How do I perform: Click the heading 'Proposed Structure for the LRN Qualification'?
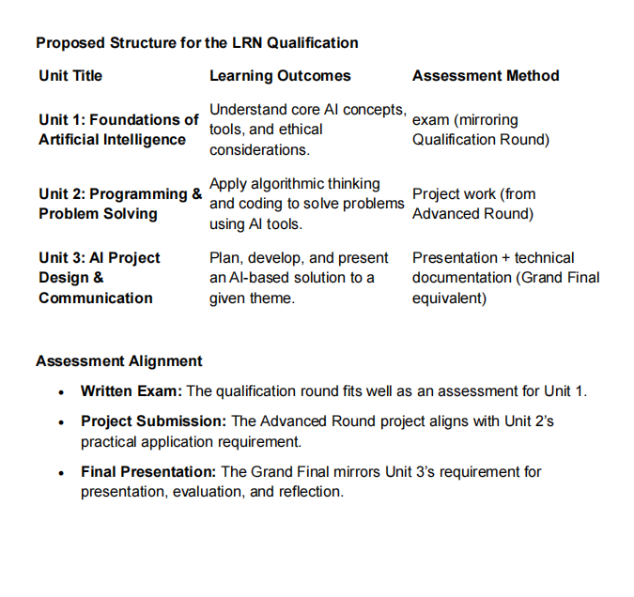point(196,43)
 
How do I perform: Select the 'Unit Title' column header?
point(70,76)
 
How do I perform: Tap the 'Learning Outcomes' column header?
point(280,76)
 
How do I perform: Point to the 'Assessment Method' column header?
point(486,76)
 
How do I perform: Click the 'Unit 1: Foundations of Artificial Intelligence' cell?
point(117,130)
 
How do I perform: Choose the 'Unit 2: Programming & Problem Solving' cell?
point(119,204)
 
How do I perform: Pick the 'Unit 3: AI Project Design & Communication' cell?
point(99,278)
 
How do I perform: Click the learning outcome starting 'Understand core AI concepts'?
point(307,130)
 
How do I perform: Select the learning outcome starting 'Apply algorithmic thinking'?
point(305,204)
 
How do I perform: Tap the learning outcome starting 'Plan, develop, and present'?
point(298,278)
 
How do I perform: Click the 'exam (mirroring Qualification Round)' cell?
point(480,130)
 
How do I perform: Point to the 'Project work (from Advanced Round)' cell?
point(473,204)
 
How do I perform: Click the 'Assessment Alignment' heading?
point(118,361)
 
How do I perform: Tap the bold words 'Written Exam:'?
point(132,390)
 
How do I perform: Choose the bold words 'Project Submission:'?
point(154,421)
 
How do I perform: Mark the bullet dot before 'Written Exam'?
point(61,391)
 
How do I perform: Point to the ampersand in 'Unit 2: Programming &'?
point(197,194)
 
